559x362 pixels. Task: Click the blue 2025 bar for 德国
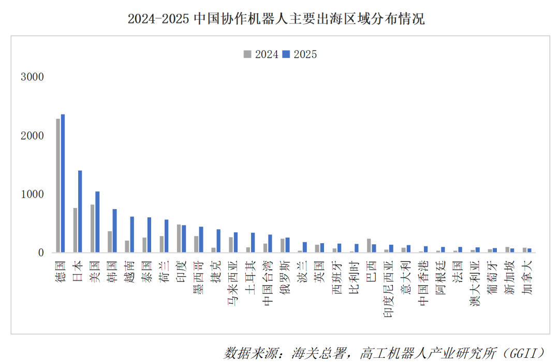coord(63,184)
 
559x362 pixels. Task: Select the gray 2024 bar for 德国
coord(58,186)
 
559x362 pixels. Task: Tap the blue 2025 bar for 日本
coord(80,212)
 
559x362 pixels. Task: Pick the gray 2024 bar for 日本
coord(75,230)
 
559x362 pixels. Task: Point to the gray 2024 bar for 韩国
coord(110,242)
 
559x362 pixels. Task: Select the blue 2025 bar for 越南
coord(132,234)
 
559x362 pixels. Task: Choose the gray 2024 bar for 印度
coord(179,239)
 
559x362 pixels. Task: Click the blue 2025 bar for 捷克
coord(218,241)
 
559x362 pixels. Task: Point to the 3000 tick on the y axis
coord(32,77)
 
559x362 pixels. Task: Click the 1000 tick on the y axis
coord(32,194)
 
